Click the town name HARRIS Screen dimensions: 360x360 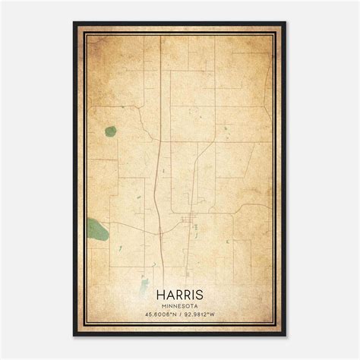coord(180,292)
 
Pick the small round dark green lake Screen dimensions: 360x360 coord(111,131)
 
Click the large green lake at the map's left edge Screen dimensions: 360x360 coord(96,226)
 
